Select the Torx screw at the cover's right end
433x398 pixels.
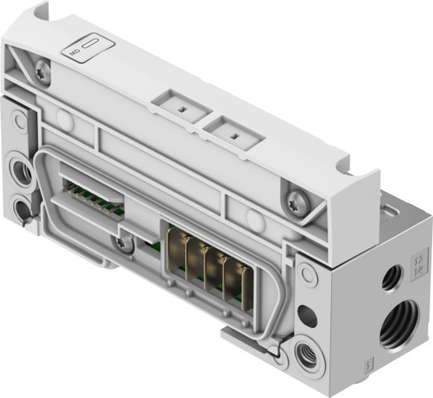pos(293,190)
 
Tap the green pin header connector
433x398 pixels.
pos(93,195)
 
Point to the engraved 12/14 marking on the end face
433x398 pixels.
pos(417,268)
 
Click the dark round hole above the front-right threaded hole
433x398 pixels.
pos(306,314)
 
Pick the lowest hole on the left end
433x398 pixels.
pos(20,210)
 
